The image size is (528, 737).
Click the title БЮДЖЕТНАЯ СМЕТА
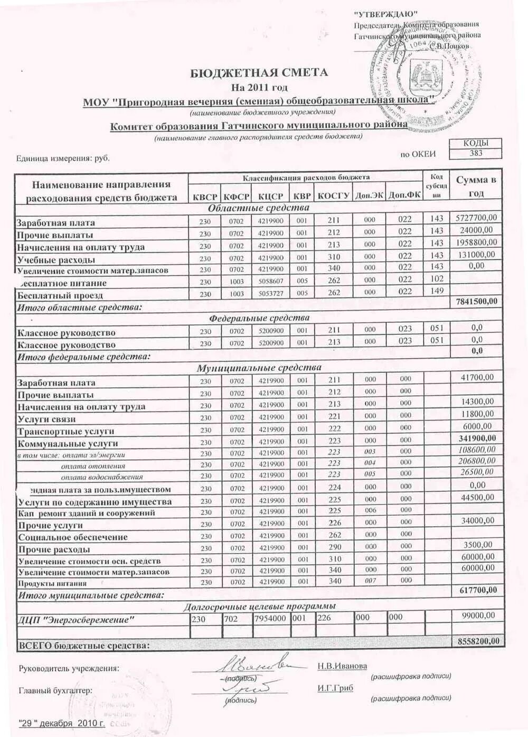(x=259, y=72)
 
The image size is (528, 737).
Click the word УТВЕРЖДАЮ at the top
(x=385, y=14)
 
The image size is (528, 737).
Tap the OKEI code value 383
(x=475, y=153)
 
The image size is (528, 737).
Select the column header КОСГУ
(x=333, y=195)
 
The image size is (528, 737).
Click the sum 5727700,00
(x=476, y=218)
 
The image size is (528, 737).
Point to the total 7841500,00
(x=476, y=301)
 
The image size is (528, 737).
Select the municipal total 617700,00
(x=477, y=590)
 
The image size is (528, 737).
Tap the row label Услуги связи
(x=47, y=419)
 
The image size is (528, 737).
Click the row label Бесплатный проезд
(x=60, y=295)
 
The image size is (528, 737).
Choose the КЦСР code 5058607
(x=271, y=282)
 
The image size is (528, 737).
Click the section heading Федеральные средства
(x=259, y=318)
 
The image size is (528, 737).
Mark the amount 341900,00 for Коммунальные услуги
(x=477, y=438)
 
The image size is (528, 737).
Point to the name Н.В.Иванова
(x=342, y=666)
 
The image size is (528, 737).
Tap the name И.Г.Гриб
(x=335, y=688)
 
